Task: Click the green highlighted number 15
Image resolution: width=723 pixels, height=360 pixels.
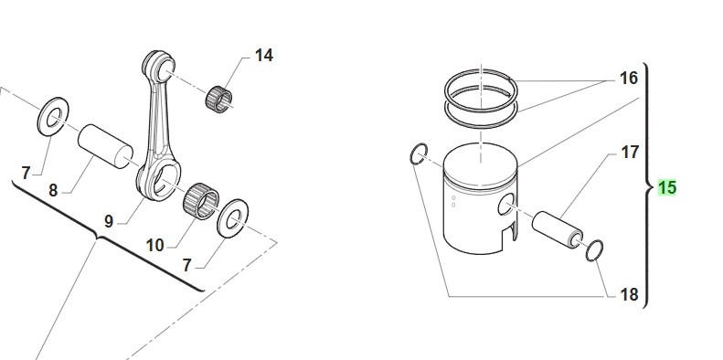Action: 666,188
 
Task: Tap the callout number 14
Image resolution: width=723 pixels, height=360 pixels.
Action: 264,56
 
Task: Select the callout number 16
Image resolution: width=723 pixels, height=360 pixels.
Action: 629,79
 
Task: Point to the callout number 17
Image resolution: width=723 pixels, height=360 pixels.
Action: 630,152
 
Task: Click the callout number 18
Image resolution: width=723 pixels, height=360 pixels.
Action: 630,294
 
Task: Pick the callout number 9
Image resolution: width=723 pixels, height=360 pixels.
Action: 109,222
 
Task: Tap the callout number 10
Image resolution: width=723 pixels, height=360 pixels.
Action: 155,246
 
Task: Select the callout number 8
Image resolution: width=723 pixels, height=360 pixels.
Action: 53,190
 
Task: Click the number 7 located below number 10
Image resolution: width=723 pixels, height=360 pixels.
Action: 186,266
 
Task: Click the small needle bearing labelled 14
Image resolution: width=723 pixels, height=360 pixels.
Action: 218,99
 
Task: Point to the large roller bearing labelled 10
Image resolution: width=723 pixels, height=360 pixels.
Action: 200,201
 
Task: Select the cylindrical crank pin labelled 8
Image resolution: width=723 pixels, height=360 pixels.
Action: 106,146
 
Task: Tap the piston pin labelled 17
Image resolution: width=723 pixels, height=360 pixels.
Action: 558,229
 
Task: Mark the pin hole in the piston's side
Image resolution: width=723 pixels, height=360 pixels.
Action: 505,204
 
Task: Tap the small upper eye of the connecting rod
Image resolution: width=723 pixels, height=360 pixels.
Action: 159,67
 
